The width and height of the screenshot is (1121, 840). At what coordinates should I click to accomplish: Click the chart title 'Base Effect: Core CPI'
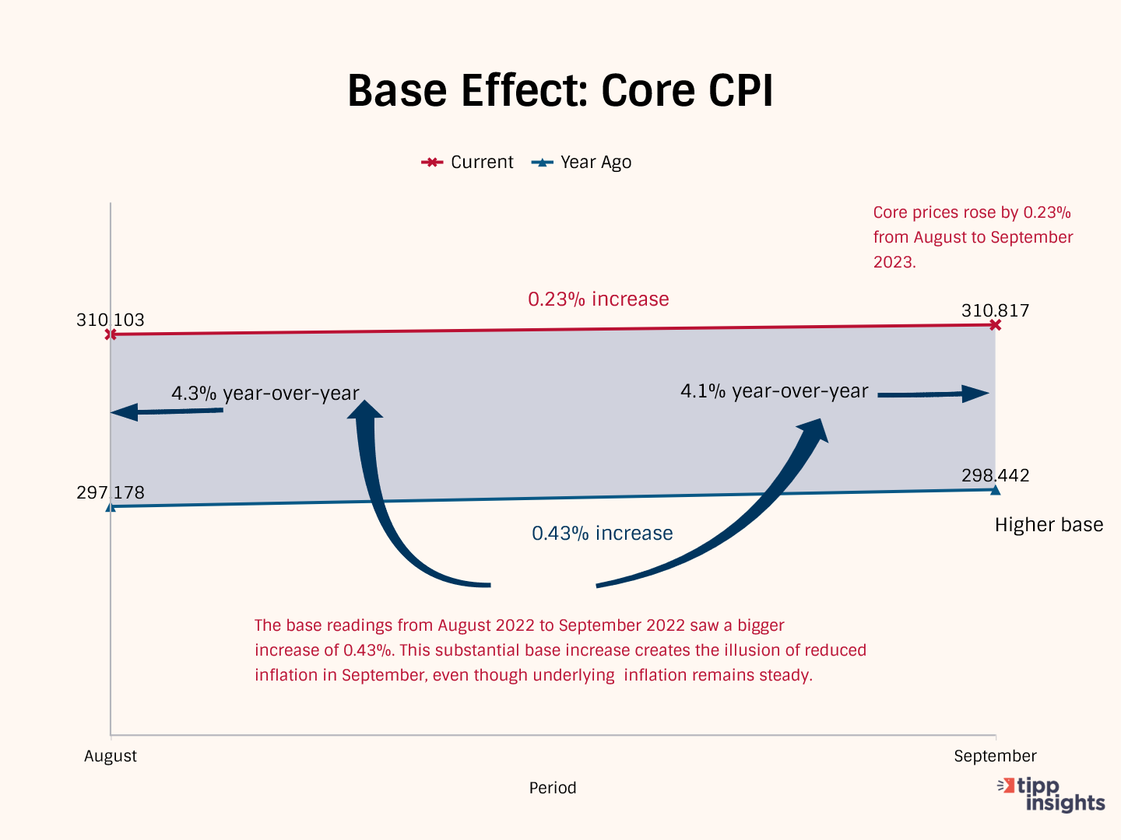[x=560, y=90]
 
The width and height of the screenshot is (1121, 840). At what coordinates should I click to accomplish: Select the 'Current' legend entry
[x=468, y=162]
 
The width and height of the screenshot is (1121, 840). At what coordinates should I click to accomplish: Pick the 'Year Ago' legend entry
[x=582, y=162]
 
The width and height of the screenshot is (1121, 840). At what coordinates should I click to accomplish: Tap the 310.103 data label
[x=111, y=320]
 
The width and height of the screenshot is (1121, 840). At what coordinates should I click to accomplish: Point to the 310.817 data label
[x=995, y=310]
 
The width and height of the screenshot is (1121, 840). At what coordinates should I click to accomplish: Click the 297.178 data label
[x=111, y=492]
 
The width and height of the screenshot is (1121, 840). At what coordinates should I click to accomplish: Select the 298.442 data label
[x=995, y=475]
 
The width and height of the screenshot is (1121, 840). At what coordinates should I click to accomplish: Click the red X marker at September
[x=995, y=324]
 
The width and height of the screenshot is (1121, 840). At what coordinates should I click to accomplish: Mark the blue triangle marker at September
[x=995, y=489]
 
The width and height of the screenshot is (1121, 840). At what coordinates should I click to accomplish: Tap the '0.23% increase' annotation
[x=598, y=299]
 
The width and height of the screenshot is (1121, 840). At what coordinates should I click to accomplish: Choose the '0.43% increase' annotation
[x=602, y=533]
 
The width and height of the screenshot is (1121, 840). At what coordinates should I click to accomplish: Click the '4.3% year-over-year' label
[x=265, y=393]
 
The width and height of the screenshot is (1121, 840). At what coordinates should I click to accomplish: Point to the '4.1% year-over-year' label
[x=774, y=390]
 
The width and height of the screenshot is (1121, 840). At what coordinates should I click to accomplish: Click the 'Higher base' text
[x=1049, y=525]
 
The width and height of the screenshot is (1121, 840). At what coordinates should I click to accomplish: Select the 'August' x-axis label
[x=111, y=756]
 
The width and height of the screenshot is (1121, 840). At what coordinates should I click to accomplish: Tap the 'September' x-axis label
[x=995, y=756]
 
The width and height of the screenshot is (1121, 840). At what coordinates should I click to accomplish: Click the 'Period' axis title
[x=553, y=788]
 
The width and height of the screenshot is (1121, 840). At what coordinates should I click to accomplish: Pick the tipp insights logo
[x=1052, y=794]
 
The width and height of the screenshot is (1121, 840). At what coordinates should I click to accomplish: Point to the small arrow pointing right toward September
[x=933, y=394]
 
